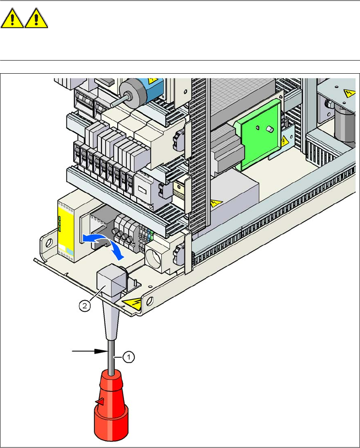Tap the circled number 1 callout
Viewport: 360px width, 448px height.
[x=129, y=357]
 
